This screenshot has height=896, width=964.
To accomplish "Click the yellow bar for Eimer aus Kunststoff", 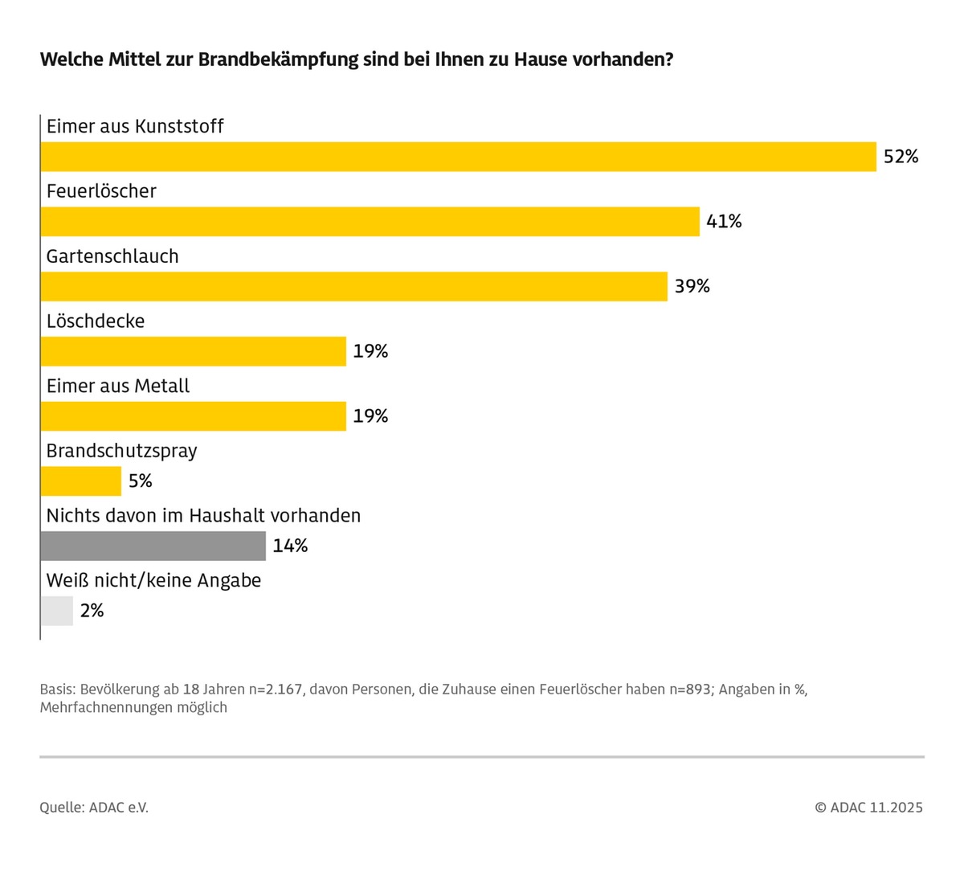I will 458,157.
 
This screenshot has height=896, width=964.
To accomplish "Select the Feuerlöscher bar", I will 370,222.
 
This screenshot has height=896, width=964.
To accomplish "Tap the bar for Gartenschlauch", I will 353,287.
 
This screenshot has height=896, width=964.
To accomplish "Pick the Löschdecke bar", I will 193,351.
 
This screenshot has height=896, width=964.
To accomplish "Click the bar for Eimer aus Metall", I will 193,416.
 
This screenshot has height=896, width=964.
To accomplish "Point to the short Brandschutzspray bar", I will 80,481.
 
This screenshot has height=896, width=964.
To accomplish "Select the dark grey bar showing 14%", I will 153,546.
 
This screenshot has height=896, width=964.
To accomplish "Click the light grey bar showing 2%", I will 56,611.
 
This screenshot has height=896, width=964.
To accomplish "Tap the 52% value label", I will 901,157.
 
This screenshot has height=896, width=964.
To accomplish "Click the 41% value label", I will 724,222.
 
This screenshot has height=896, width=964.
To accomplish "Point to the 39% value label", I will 692,287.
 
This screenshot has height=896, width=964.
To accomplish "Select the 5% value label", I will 140,481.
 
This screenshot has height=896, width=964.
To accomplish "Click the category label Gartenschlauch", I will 112,256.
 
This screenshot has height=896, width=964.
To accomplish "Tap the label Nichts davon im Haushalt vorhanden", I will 203,516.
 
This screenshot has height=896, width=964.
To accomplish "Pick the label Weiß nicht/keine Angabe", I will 153,580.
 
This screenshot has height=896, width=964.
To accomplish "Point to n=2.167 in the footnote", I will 276,689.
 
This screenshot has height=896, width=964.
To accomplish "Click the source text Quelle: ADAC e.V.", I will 94,808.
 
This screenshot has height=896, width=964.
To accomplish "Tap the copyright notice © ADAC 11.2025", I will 868,808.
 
